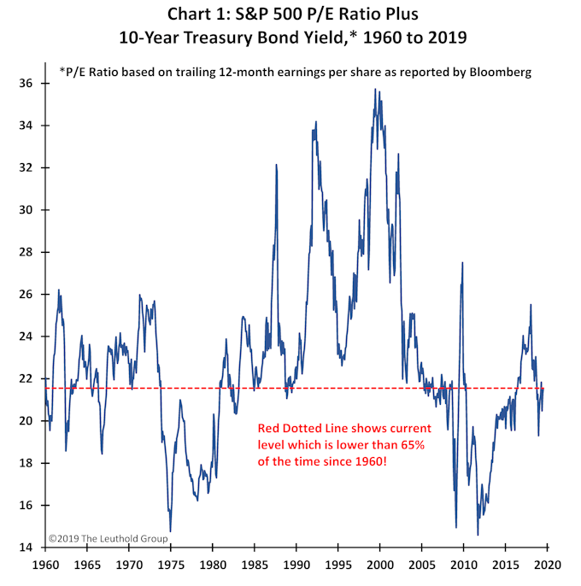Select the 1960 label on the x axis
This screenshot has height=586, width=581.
click(44, 565)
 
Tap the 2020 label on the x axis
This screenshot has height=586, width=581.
click(547, 565)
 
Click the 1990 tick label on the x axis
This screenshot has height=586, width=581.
click(296, 565)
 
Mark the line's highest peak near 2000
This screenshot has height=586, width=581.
click(375, 89)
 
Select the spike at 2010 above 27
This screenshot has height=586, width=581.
click(462, 262)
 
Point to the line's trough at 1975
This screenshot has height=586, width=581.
click(170, 531)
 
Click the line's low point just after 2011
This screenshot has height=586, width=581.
click(478, 535)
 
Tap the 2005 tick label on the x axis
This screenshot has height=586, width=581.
click(421, 565)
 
